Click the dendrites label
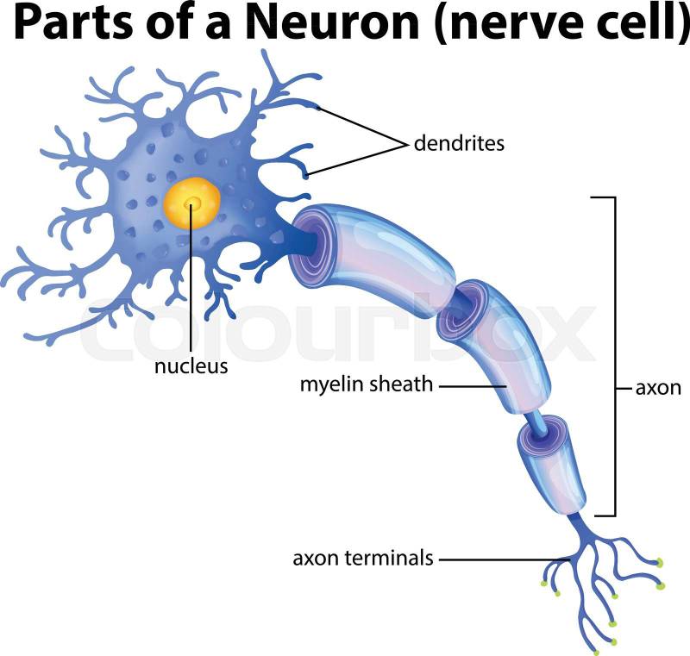pos(459,143)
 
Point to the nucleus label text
pos(191,365)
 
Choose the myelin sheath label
pos(366,384)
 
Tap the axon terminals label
pos(362,558)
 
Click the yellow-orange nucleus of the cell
pos(192,204)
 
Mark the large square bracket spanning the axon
pos(614,353)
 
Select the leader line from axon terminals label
pos(500,559)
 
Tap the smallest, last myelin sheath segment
pos(552,465)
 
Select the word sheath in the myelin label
pos(404,384)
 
